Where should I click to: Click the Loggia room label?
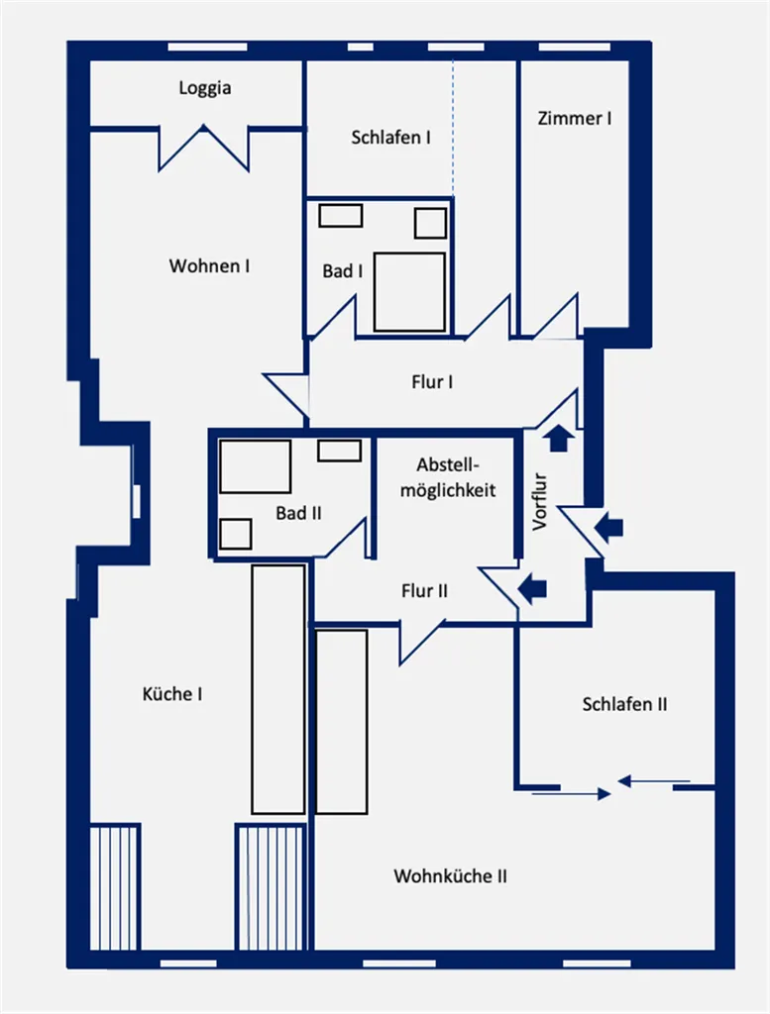coord(205,88)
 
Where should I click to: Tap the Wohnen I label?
coord(210,265)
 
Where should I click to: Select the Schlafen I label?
coord(390,137)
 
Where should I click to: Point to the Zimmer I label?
coord(575,119)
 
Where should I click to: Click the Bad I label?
coord(343,271)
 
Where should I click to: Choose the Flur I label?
coord(432,381)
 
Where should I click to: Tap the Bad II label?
coord(298,513)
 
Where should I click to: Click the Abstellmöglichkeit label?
coord(448,477)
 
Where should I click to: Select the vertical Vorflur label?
coord(540,502)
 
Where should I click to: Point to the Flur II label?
coord(424,590)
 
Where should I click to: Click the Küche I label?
coord(172,694)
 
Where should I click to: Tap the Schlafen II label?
coord(624,704)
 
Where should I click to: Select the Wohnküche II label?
coord(450,876)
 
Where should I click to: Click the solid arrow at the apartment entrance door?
coord(608,527)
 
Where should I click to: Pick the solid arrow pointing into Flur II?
coord(532,589)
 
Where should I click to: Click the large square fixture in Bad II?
coord(255,467)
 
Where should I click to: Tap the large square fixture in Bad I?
coord(409,292)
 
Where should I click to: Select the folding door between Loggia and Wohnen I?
coord(204,149)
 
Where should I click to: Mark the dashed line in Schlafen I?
coord(453,128)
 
